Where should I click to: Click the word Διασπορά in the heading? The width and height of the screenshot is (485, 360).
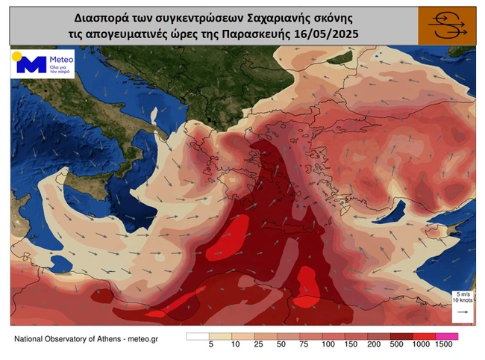click(113, 16)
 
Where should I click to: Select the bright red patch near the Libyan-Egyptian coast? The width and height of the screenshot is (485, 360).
click(307, 287)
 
